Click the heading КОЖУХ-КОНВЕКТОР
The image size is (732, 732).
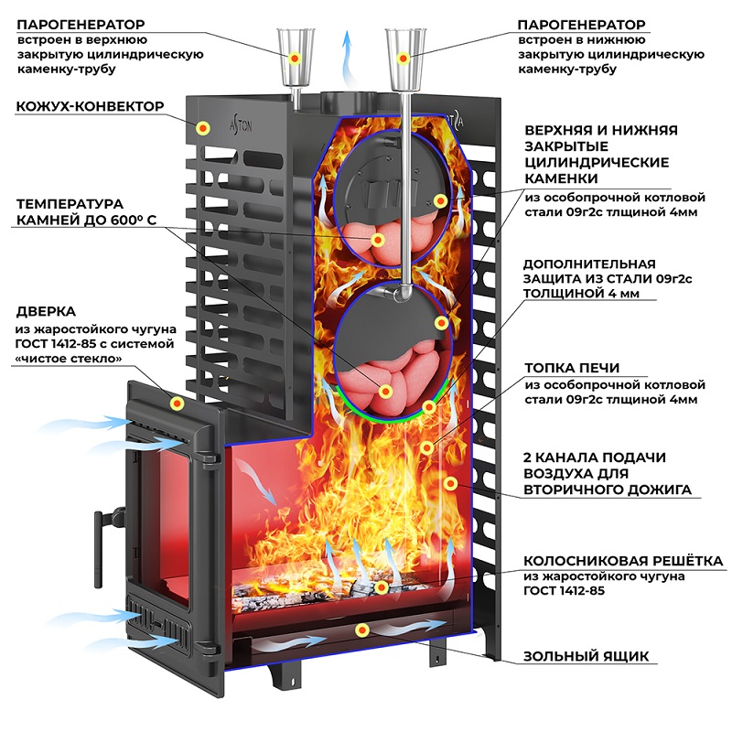pyautogui.click(x=90, y=107)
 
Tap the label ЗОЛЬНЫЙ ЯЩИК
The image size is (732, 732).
pyautogui.click(x=586, y=656)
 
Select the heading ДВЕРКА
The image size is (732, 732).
pyautogui.click(x=46, y=311)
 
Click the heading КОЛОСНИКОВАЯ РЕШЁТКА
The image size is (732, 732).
pyautogui.click(x=622, y=560)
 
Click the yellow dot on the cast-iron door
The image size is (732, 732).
pyautogui.click(x=176, y=403)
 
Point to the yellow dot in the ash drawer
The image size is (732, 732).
pyautogui.click(x=363, y=630)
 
